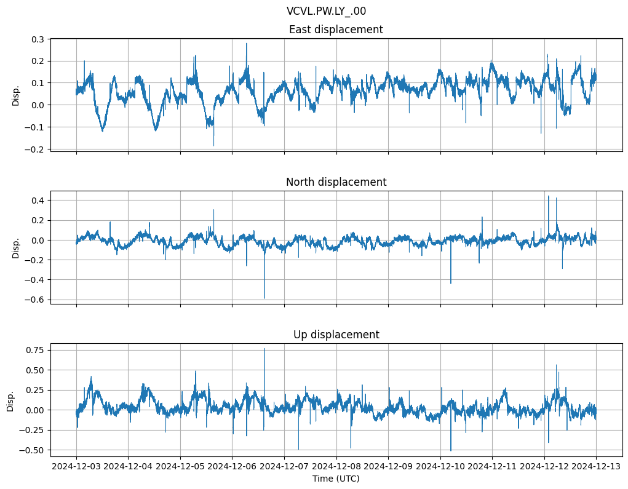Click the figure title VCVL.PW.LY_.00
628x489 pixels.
click(x=326, y=11)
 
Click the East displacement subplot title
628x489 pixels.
click(x=336, y=30)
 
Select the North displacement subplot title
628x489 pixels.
click(x=336, y=182)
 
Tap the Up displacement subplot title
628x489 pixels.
click(x=336, y=335)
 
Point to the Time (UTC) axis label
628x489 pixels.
click(x=336, y=478)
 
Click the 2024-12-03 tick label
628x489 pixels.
click(x=76, y=466)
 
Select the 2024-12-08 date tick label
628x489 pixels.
click(x=336, y=466)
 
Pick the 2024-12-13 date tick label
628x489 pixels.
click(x=596, y=466)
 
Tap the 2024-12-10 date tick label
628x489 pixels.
click(x=440, y=466)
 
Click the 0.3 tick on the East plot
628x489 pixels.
click(x=37, y=39)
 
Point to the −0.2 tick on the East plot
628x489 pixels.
click(x=34, y=149)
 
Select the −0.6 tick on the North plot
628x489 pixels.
click(x=34, y=300)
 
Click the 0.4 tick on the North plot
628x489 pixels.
click(x=37, y=201)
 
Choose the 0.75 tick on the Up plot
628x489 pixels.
click(x=34, y=350)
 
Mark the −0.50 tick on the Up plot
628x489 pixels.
click(x=32, y=450)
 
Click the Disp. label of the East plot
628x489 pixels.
click(x=16, y=95)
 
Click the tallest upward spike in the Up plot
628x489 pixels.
click(x=264, y=349)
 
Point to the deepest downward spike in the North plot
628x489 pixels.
click(x=264, y=298)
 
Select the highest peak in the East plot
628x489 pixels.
click(x=247, y=43)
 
